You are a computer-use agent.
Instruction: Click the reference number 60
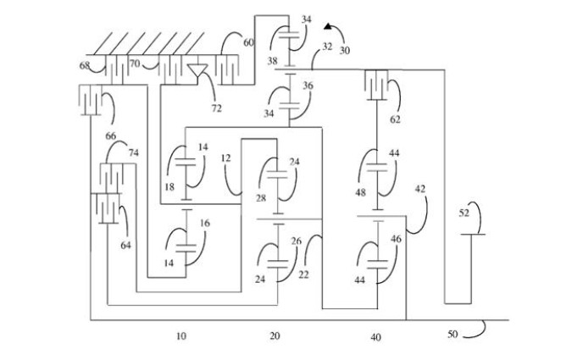click(x=248, y=42)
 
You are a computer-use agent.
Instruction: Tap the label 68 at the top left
click(x=86, y=65)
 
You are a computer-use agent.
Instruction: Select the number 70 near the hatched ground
click(x=133, y=63)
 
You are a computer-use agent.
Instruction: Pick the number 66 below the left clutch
click(x=110, y=135)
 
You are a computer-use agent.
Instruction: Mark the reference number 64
click(x=125, y=246)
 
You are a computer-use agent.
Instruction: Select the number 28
click(x=261, y=197)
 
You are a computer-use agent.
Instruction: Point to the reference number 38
click(x=274, y=62)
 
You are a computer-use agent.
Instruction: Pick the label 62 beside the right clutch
click(x=395, y=120)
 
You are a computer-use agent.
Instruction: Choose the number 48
click(x=360, y=192)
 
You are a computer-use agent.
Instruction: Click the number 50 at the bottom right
click(x=453, y=334)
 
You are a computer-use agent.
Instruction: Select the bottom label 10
click(x=180, y=335)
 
